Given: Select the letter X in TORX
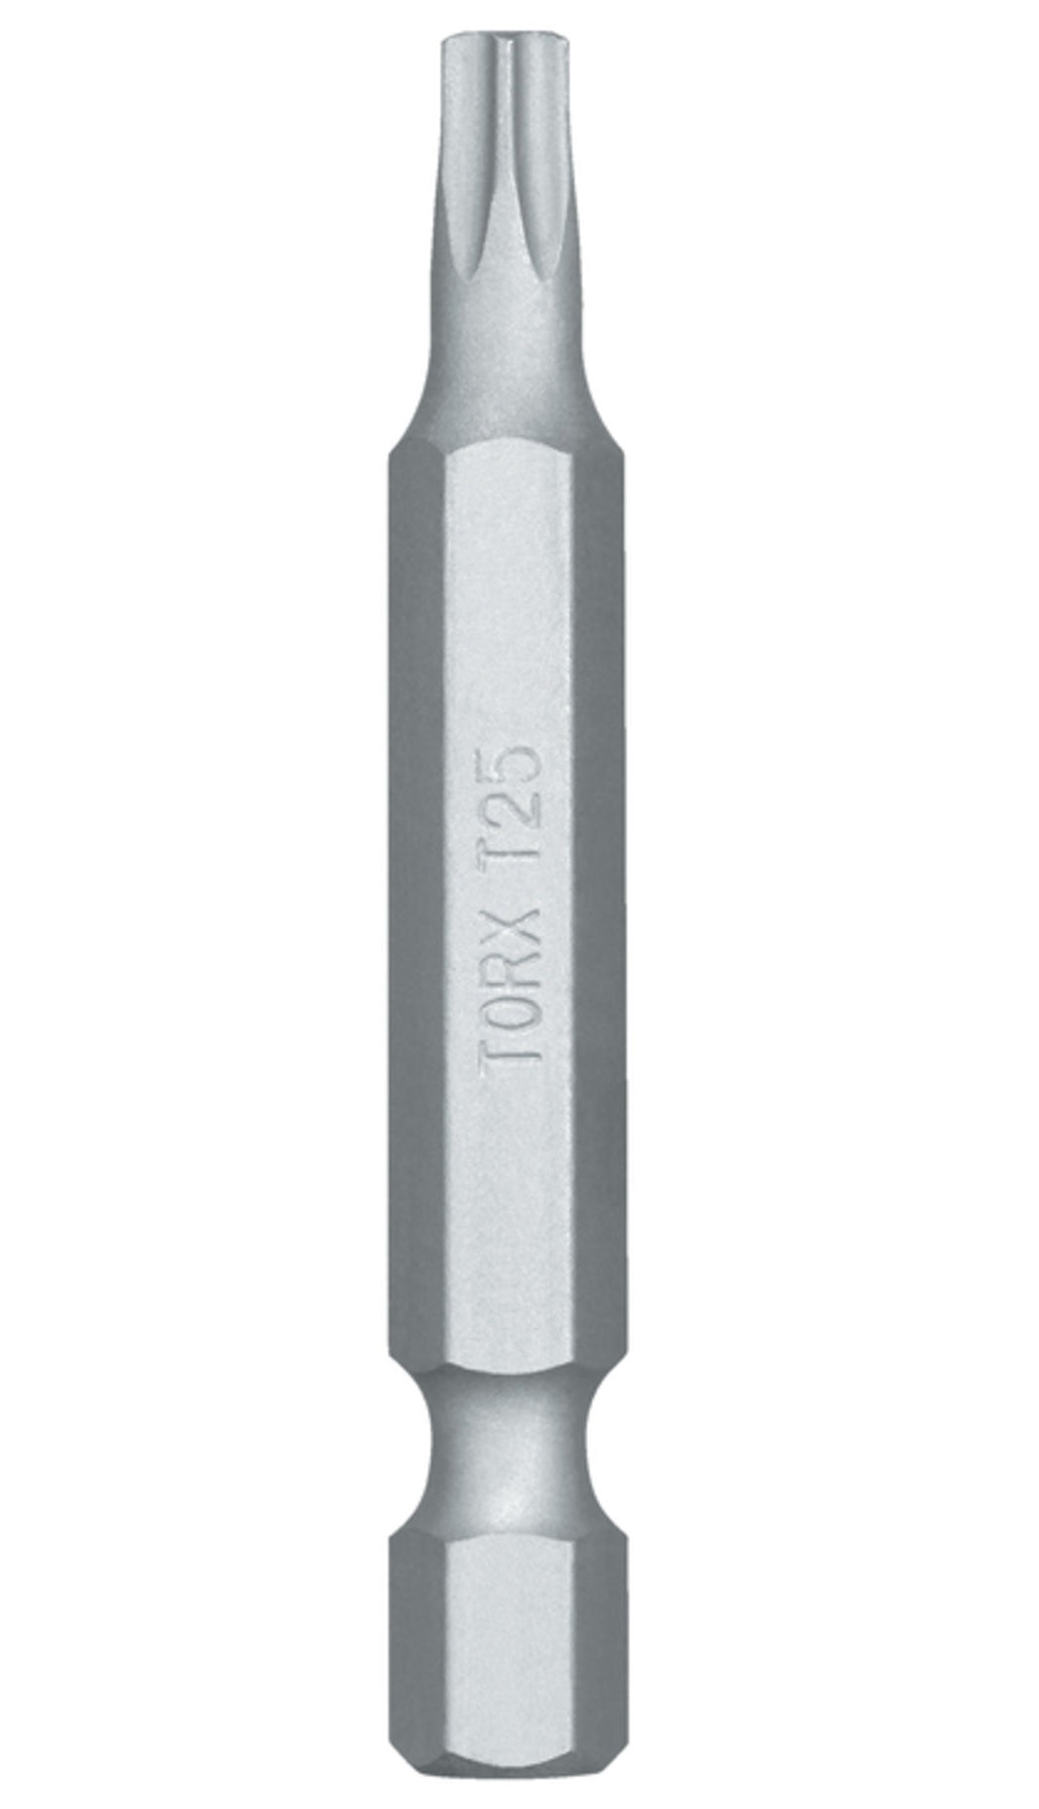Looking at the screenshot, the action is pyautogui.click(x=510, y=887).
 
